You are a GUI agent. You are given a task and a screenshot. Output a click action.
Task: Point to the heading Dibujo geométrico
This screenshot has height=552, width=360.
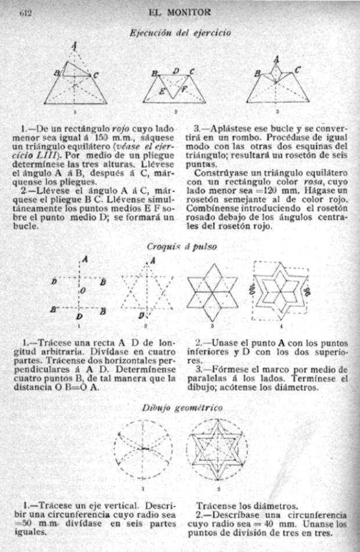pos(182,408)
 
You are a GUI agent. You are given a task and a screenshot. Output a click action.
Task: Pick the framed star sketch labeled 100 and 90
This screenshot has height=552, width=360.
pos(281,290)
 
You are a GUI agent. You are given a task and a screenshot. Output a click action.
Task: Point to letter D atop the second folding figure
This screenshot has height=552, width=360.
pos(176,71)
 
